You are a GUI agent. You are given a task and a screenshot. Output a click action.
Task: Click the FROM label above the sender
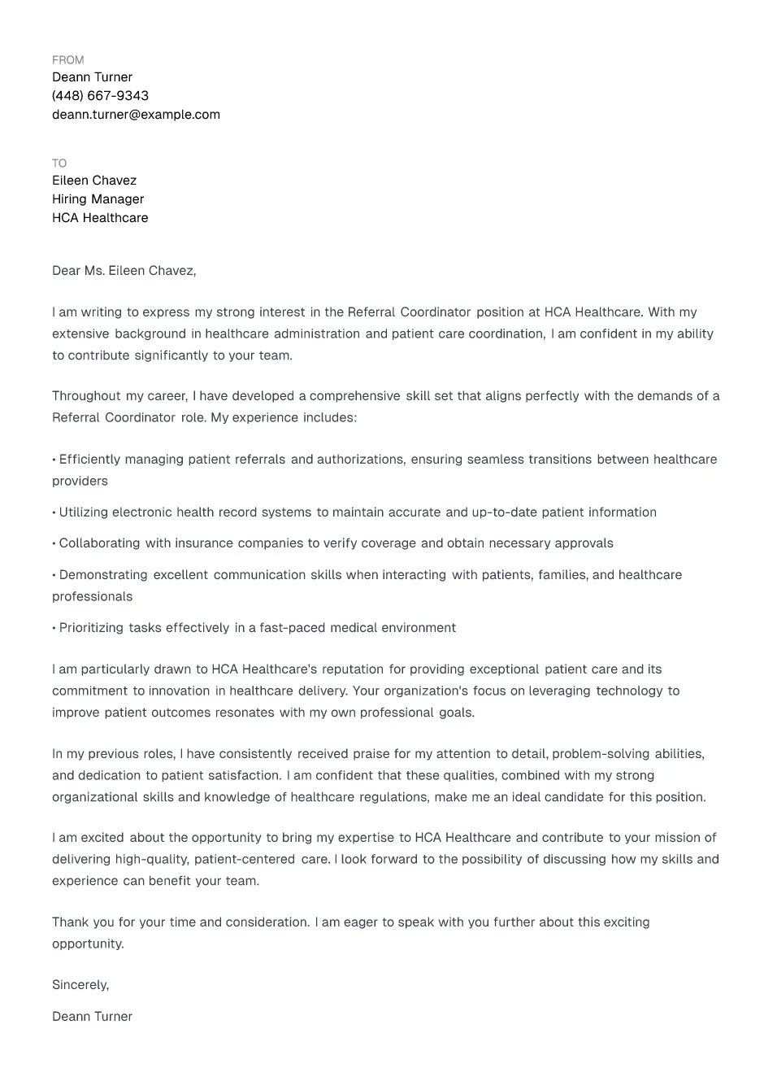click(67, 60)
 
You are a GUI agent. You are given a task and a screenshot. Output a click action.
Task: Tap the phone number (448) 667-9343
click(100, 96)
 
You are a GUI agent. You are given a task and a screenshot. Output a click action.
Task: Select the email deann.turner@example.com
click(136, 115)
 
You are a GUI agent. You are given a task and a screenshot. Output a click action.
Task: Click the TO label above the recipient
click(59, 163)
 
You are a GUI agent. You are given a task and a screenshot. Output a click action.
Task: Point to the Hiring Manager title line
click(98, 199)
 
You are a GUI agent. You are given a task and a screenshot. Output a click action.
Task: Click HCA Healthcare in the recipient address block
click(100, 218)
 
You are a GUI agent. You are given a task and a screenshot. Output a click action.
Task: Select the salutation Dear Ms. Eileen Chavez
click(124, 271)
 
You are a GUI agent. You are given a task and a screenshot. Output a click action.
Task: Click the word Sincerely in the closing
click(80, 985)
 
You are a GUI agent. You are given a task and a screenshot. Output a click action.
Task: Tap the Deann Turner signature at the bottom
click(92, 1017)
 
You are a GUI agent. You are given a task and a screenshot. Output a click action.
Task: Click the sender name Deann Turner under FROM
click(92, 77)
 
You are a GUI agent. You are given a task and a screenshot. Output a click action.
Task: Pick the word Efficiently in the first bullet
click(89, 460)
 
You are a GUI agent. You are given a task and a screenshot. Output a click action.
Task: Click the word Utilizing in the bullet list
click(83, 512)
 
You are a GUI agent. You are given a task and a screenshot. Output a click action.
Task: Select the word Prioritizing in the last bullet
click(91, 628)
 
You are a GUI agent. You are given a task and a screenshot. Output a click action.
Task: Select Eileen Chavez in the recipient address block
click(94, 181)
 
